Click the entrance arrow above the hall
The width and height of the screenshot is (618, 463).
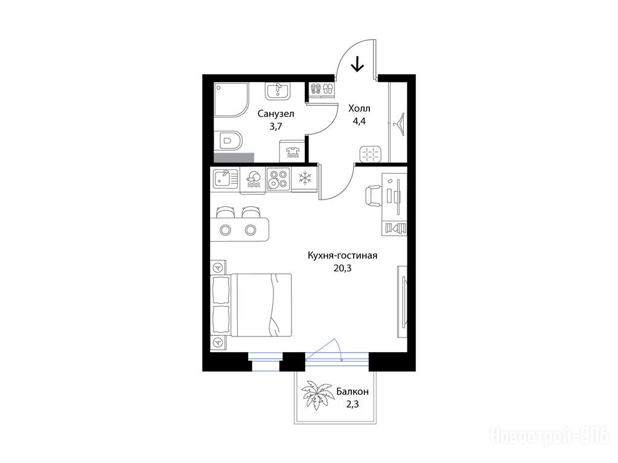(x=357, y=64)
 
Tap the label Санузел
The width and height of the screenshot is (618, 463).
(x=276, y=114)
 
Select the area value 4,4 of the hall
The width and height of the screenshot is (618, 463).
(x=359, y=121)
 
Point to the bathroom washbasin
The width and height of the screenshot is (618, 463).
(x=278, y=91)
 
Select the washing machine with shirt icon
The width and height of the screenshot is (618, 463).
(x=293, y=150)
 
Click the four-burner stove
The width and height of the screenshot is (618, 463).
(x=278, y=179)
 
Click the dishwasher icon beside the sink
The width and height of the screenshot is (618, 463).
(x=253, y=180)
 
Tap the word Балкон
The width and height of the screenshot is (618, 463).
(x=352, y=392)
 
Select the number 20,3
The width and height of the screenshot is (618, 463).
(x=342, y=268)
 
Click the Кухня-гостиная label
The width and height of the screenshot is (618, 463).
(x=343, y=256)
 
